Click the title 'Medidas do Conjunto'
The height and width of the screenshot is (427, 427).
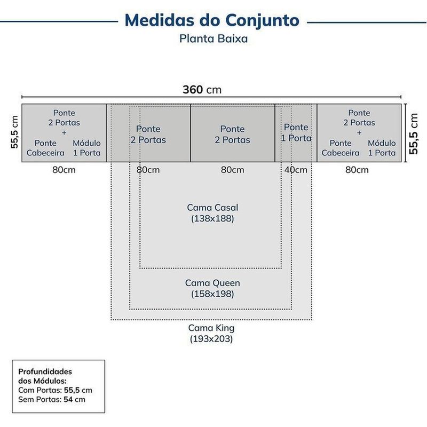tap(212, 20)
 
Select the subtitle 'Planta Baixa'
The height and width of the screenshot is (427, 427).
tap(213, 38)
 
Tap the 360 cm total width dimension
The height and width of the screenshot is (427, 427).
tap(202, 90)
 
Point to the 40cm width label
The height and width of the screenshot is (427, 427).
tap(296, 170)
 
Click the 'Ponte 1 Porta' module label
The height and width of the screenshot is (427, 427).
tap(296, 132)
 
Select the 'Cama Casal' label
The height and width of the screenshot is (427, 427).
tap(212, 208)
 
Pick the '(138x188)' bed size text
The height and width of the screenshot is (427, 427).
tap(212, 218)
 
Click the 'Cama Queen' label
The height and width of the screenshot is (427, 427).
tap(212, 283)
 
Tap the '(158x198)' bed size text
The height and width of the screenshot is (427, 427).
tap(212, 294)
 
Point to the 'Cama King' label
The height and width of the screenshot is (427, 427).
tap(211, 328)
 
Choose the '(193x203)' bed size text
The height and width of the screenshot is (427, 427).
tap(211, 339)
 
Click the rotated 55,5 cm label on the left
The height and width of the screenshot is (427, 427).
tap(14, 132)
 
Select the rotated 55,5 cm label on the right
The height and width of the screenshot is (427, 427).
tap(413, 134)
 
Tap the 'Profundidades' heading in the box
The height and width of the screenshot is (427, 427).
tap(45, 371)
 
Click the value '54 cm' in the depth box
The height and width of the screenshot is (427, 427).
tap(74, 399)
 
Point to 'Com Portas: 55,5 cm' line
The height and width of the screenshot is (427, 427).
tap(56, 390)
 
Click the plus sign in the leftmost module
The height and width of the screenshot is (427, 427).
tap(64, 132)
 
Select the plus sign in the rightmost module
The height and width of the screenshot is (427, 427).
tap(359, 132)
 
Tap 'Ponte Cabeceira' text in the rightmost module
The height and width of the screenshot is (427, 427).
tap(341, 148)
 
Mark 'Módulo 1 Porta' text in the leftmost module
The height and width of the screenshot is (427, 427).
tap(86, 148)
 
